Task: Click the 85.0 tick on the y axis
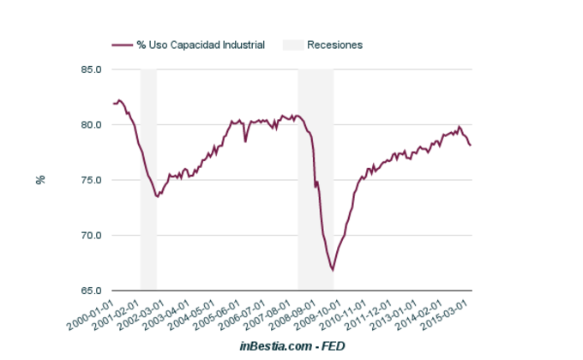(92, 69)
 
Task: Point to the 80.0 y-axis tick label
(92, 125)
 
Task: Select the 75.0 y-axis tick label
(92, 180)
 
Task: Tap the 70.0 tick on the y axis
(92, 236)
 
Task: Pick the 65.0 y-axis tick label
(92, 291)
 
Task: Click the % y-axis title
(39, 180)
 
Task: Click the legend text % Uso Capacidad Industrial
(200, 45)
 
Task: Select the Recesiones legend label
(334, 45)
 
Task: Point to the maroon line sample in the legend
(123, 45)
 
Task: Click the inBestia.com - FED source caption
(291, 346)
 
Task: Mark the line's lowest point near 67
(333, 270)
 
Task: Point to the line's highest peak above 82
(119, 100)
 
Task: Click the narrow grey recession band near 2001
(148, 180)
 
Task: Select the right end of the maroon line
(471, 146)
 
